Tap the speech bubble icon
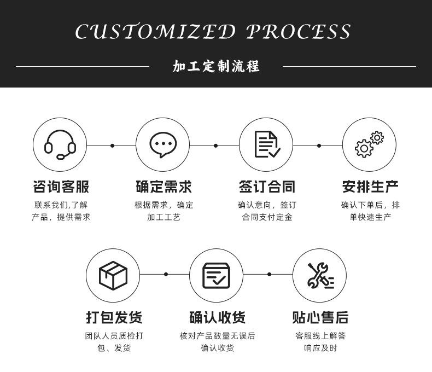tap(163, 146)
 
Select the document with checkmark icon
tap(267, 145)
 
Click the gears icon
tap(369, 145)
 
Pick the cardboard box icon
tap(113, 275)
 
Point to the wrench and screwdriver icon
tap(320, 275)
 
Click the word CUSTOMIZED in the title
tap(155, 32)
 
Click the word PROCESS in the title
tap(299, 32)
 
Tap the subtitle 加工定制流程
tap(216, 67)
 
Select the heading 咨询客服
tap(60, 187)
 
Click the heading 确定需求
tap(164, 187)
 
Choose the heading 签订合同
tap(267, 187)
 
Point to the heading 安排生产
tap(370, 187)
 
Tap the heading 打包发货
tap(114, 317)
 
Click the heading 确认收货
tap(217, 317)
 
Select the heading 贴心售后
tap(320, 317)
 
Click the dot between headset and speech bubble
tap(112, 146)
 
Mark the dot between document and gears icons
tap(319, 146)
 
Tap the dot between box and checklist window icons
tap(166, 274)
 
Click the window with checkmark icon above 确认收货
tap(217, 275)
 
